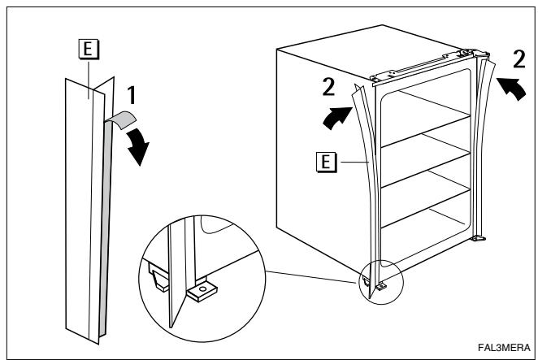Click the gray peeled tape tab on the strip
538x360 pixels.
pos(121,119)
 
